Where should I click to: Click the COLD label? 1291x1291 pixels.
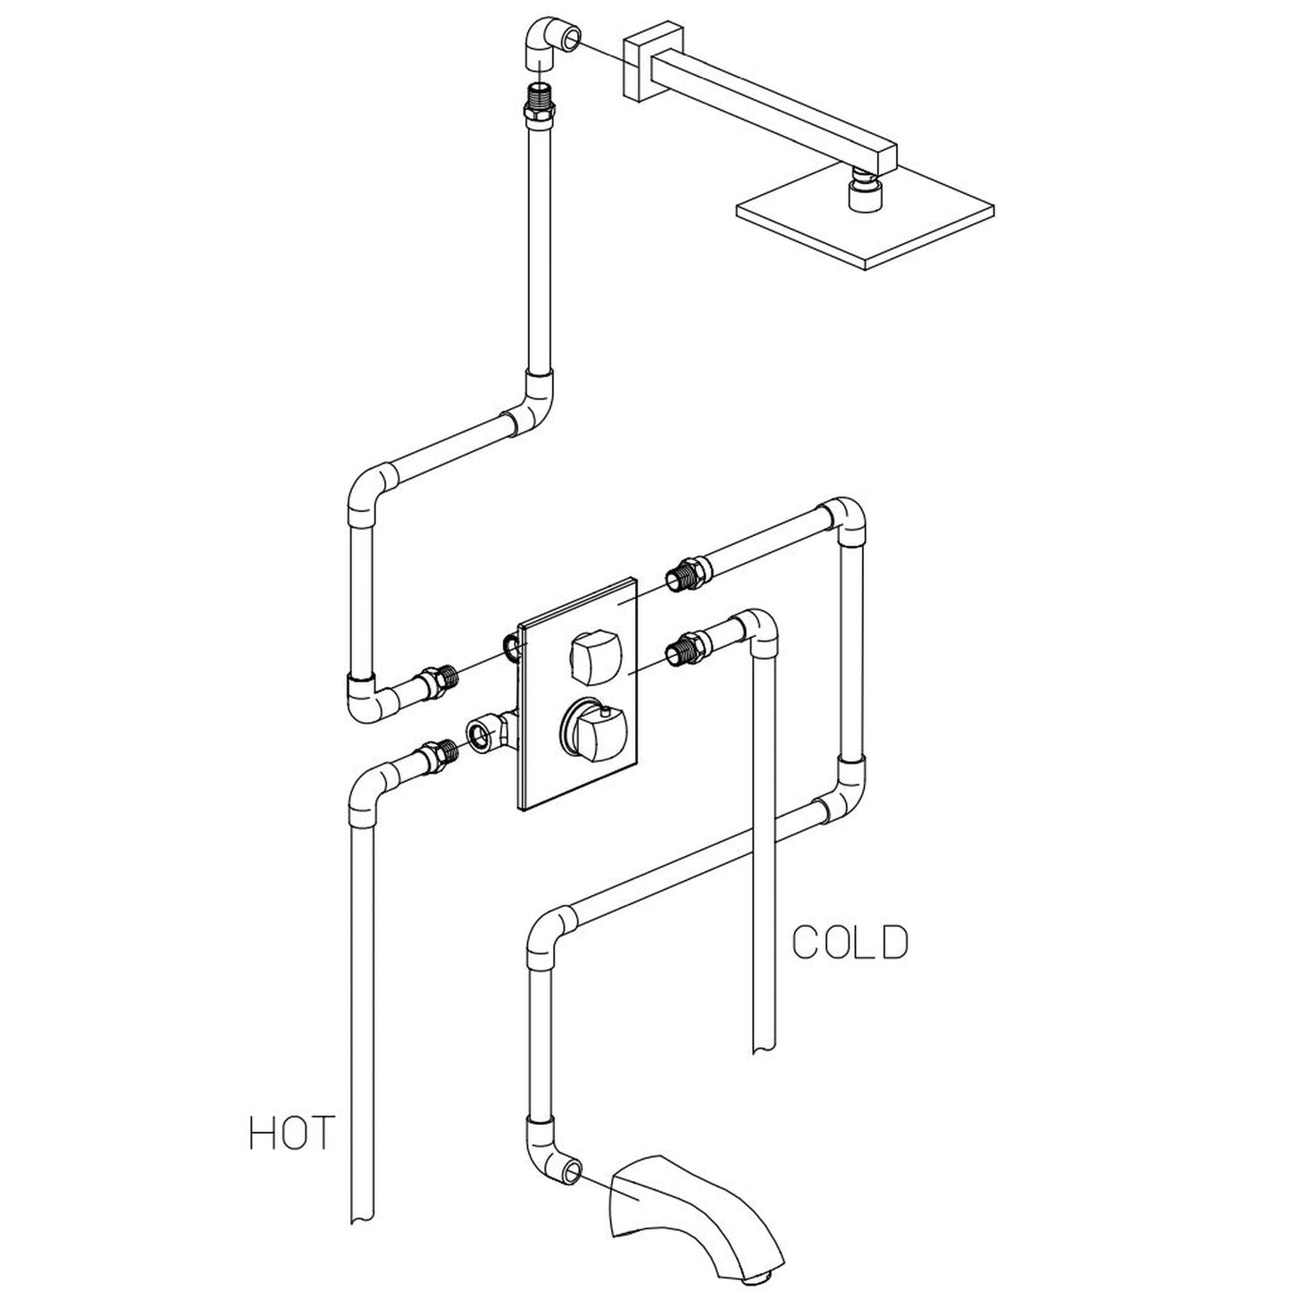coord(850,942)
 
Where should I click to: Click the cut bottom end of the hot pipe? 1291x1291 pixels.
coord(363,1212)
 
